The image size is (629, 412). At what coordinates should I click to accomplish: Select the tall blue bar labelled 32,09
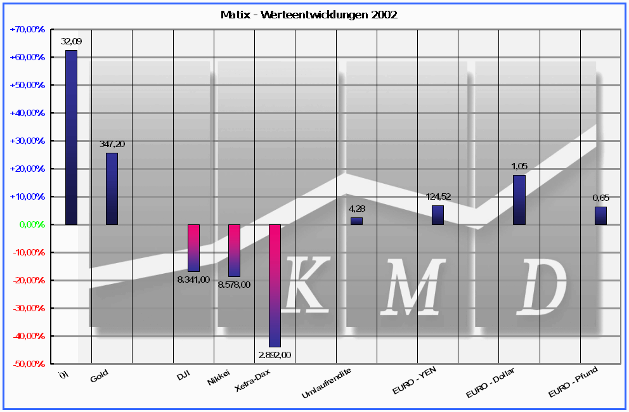click(71, 137)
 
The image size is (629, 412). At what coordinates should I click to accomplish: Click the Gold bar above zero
click(112, 189)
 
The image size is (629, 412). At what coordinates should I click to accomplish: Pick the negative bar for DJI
click(193, 248)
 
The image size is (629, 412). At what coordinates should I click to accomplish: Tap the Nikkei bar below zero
click(234, 250)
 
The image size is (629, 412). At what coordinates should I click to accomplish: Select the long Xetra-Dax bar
click(275, 285)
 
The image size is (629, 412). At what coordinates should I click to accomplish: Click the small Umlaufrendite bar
click(356, 221)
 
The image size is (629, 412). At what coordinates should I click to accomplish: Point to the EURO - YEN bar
click(438, 215)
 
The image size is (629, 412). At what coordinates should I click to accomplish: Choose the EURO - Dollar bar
click(519, 200)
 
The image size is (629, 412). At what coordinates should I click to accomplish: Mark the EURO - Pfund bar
click(600, 216)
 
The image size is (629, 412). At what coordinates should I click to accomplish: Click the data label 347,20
click(112, 145)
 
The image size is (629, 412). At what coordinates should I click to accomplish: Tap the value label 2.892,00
click(274, 355)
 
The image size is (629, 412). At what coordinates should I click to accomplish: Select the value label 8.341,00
click(193, 280)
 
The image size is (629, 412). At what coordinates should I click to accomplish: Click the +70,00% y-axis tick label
click(28, 29)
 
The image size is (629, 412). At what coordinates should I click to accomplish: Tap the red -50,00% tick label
click(29, 364)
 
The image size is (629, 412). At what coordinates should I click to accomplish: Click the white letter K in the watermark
click(308, 285)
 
